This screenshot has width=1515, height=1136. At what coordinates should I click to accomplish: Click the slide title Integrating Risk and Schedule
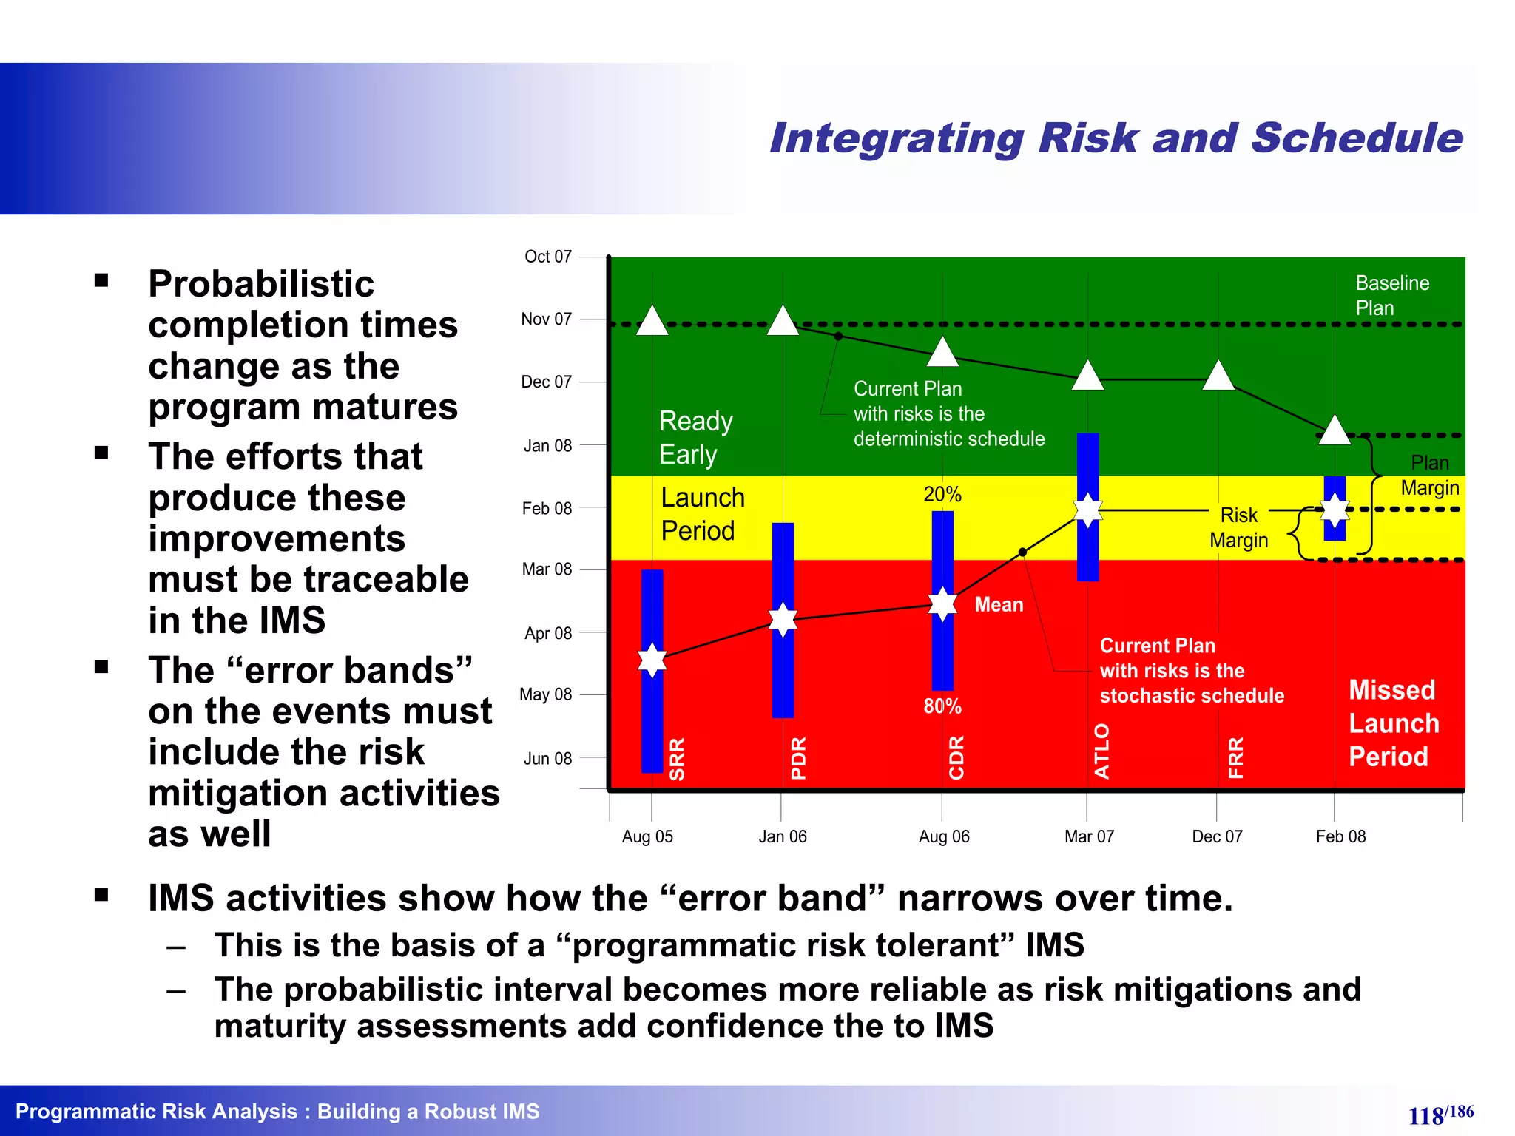1116,138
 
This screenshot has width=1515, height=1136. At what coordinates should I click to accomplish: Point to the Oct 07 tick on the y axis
548,257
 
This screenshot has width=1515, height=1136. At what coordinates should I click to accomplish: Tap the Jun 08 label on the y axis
547,759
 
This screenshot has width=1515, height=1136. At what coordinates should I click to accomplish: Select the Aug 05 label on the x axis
647,836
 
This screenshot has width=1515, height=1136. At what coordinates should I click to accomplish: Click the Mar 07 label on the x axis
1089,836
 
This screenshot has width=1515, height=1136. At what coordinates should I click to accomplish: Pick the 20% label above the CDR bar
942,494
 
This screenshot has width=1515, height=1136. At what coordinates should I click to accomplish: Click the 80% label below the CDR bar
942,706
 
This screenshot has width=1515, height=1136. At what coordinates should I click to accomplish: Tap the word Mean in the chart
999,605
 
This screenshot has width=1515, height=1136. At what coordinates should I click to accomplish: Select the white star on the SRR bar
652,660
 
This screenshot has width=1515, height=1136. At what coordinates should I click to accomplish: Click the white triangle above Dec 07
1218,376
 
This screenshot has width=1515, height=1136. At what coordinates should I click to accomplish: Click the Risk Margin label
1238,527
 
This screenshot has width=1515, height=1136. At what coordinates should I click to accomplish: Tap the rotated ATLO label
1101,751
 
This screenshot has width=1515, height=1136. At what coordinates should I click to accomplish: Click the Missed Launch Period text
1394,723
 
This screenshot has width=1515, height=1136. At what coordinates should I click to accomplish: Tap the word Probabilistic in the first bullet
261,284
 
